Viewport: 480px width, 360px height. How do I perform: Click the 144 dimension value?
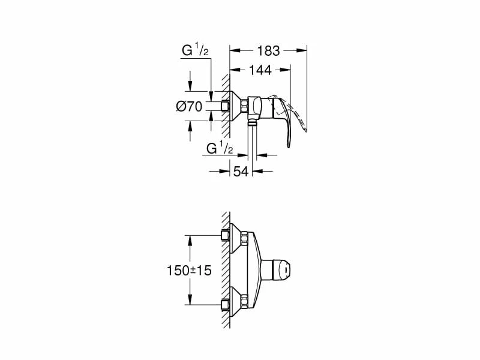[260, 70]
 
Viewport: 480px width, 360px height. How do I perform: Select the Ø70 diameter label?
[189, 107]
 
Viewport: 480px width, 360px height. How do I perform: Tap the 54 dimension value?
[241, 172]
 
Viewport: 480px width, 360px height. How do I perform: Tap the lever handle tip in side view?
[288, 145]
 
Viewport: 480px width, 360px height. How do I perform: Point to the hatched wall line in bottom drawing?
[226, 270]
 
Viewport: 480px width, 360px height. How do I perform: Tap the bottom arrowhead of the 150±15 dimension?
[190, 302]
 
